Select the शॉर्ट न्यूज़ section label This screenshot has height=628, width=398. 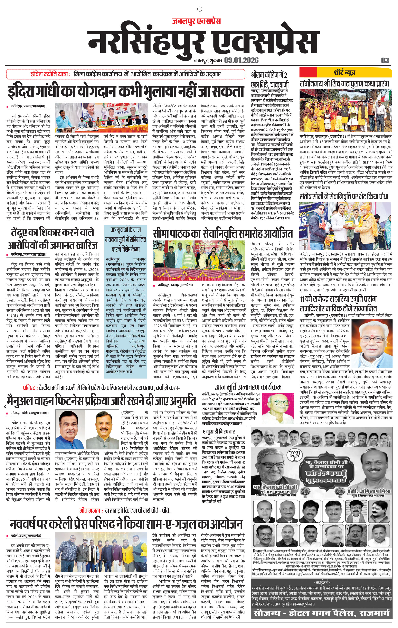[x=344, y=73]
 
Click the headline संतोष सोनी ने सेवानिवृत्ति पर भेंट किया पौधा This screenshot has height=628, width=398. [x=344, y=197]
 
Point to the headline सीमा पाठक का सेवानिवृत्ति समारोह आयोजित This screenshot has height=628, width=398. [x=223, y=234]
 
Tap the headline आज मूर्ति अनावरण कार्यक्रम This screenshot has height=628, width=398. [x=248, y=387]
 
